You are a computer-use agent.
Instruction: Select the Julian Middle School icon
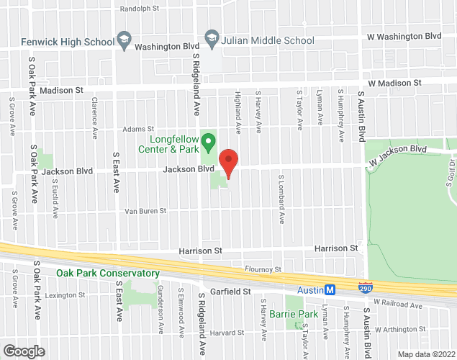(x=212, y=40)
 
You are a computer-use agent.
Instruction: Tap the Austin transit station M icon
(x=330, y=290)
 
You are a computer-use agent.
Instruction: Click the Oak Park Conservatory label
(x=108, y=274)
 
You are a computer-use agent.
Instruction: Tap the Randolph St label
(x=140, y=9)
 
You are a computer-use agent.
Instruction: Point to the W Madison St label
(x=394, y=84)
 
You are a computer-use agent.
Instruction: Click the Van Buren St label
(x=145, y=211)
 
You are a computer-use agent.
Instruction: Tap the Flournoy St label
(x=263, y=269)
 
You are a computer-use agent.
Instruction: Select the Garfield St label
(x=230, y=292)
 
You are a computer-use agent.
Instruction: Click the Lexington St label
(x=65, y=295)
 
